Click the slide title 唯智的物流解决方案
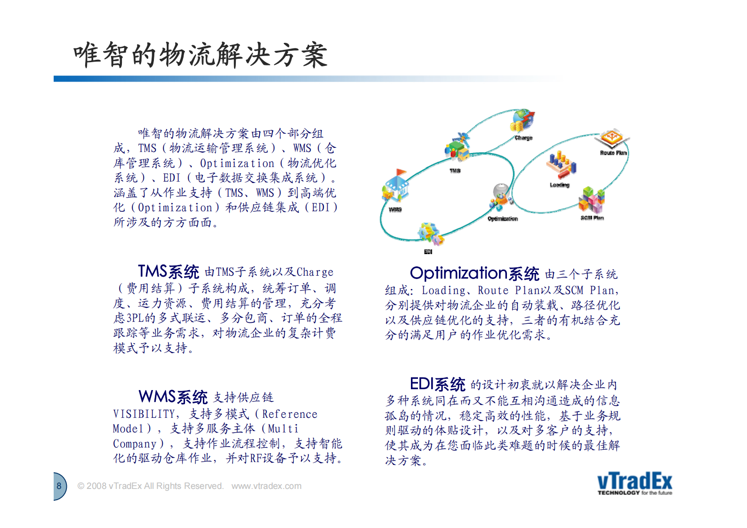tap(200, 55)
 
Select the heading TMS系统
tap(169, 272)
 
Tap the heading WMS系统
tap(173, 397)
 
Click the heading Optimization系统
tap(474, 273)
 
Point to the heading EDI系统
tap(437, 384)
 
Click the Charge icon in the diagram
tap(522, 121)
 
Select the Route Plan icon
tap(611, 139)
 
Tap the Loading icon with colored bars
tap(560, 165)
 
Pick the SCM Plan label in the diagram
tap(592, 218)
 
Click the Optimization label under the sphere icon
tap(502, 219)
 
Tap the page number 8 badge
tap(59, 486)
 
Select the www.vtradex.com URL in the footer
tap(266, 486)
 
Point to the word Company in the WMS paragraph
tap(135, 444)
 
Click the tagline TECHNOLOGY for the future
tap(634, 493)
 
